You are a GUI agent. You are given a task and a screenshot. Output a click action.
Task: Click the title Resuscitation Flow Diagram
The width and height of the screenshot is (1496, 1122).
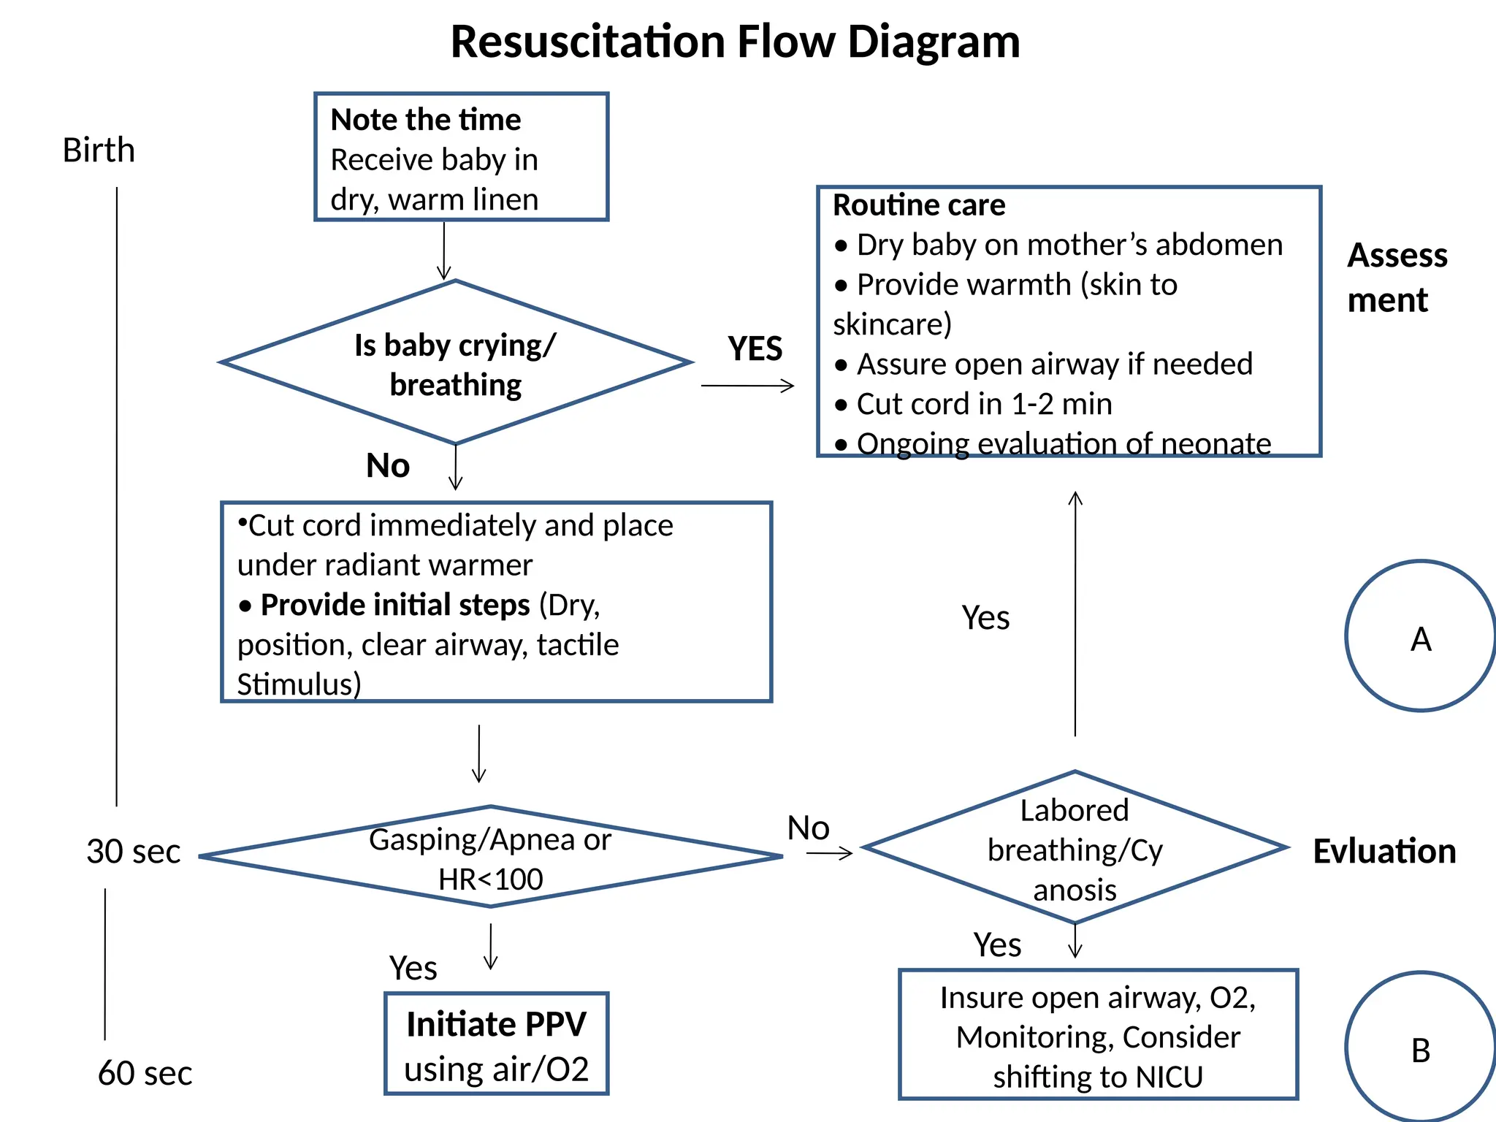[x=735, y=42]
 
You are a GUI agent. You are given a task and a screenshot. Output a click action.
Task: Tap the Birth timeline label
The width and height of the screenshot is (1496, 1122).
[x=99, y=150]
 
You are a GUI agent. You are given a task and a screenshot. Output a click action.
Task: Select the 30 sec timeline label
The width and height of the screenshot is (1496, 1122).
[x=133, y=852]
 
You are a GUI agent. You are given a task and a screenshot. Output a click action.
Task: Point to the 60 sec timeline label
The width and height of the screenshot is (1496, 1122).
[x=145, y=1073]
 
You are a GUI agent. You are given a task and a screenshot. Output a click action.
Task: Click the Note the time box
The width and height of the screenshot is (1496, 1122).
[x=461, y=157]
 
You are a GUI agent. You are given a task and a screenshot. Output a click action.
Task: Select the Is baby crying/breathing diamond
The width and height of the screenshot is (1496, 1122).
[x=455, y=363]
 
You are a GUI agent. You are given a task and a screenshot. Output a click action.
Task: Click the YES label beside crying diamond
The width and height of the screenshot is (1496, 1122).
[x=755, y=349]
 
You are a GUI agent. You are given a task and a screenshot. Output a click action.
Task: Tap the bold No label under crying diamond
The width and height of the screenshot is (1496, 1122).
[x=388, y=466]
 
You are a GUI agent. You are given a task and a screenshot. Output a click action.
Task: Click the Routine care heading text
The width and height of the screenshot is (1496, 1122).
[x=919, y=205]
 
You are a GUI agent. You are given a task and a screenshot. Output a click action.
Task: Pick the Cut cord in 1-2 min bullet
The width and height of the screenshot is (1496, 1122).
[x=983, y=404]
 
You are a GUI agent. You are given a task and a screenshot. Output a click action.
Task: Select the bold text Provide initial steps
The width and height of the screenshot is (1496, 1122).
[x=395, y=605]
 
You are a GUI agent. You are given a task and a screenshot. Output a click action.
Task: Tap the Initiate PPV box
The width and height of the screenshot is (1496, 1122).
[x=497, y=1044]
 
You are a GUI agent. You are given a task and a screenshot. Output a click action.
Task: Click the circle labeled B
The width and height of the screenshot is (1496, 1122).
[x=1419, y=1049]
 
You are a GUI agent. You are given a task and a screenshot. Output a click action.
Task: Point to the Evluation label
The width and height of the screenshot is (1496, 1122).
[x=1384, y=852]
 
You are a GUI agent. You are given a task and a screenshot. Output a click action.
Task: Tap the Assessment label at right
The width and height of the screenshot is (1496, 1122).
[x=1396, y=278]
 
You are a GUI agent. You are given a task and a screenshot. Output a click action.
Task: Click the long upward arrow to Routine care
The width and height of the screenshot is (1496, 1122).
[x=1075, y=614]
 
